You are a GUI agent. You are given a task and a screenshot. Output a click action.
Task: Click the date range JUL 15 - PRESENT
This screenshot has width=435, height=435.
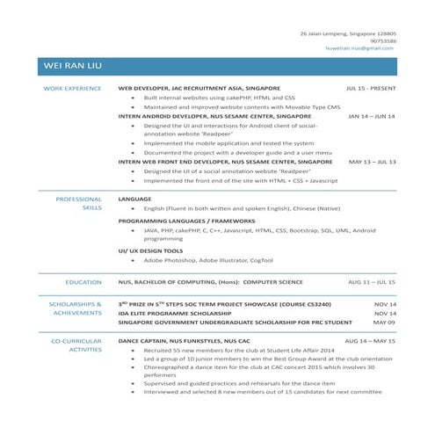pos(371,89)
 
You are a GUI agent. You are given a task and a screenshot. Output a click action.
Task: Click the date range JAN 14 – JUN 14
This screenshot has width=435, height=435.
pos(372,115)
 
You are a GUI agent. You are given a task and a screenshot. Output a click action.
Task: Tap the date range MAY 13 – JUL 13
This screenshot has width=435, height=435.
pos(372,162)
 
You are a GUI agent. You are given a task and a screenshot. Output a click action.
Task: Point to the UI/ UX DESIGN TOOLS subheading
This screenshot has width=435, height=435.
pos(150,250)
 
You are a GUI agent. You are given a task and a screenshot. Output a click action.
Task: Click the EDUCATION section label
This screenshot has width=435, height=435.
pos(83,282)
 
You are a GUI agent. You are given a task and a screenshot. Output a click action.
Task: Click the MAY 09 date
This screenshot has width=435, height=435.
pos(385,322)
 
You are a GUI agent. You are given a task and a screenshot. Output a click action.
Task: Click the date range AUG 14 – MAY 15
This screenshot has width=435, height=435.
pos(370,339)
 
